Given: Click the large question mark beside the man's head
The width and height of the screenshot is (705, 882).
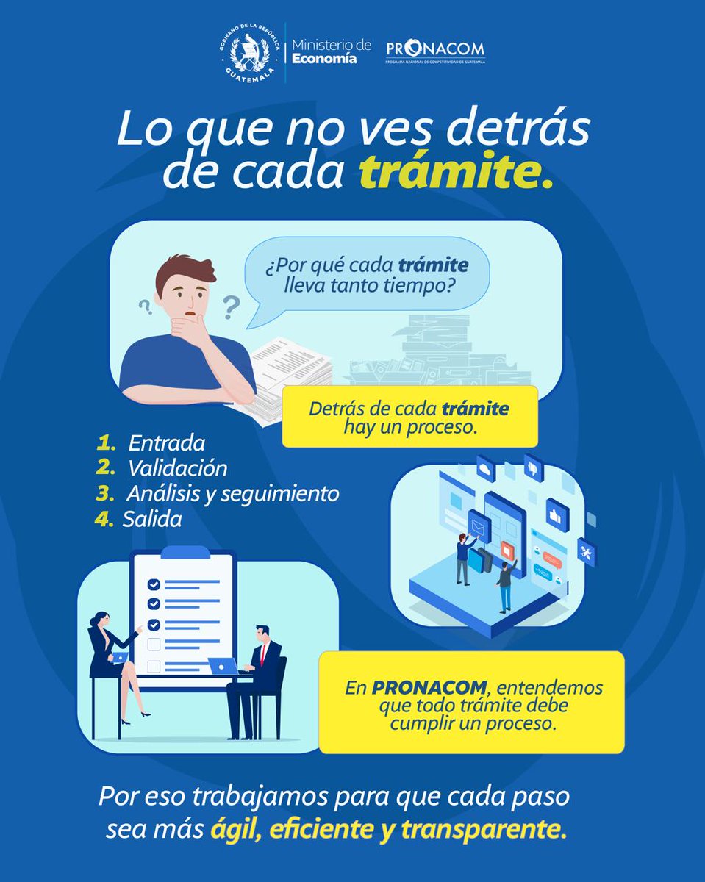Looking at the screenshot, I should [231, 306].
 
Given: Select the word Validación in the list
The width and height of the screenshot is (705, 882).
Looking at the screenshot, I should [178, 468].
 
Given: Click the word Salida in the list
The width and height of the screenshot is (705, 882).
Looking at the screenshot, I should [152, 518].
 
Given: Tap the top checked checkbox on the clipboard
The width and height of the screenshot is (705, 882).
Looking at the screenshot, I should [154, 584].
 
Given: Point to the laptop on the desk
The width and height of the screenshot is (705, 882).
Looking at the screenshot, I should [223, 666].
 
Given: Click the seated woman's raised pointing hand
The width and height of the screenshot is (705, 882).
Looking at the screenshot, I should [137, 629].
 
